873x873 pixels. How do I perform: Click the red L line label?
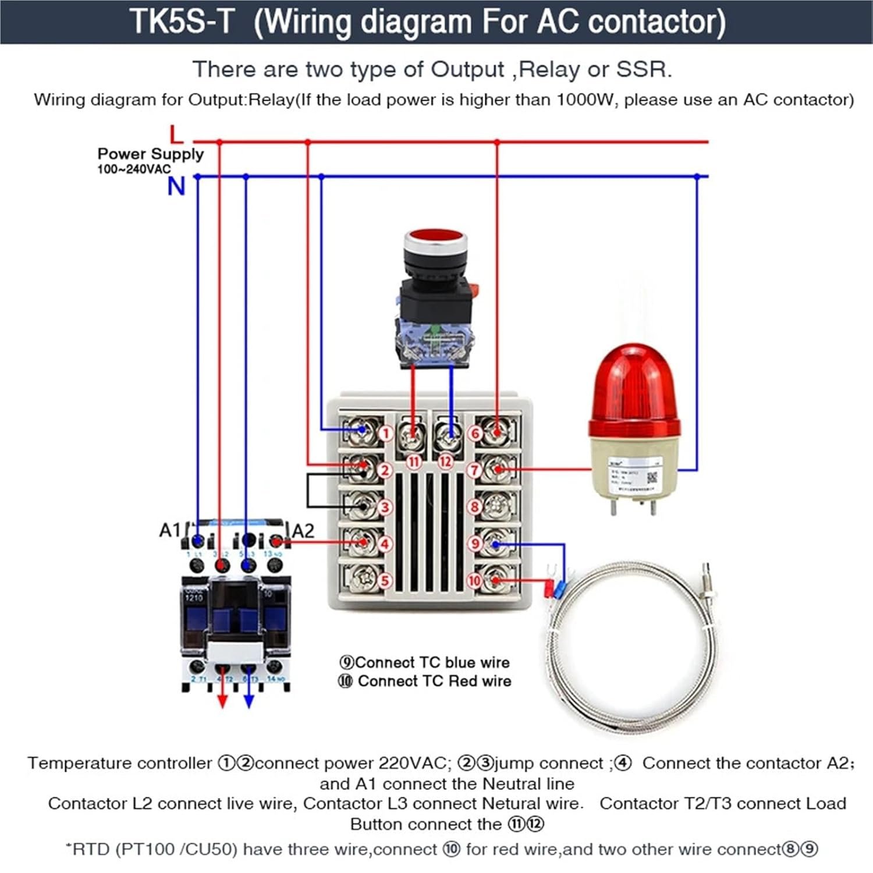[176, 135]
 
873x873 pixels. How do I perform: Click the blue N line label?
[176, 186]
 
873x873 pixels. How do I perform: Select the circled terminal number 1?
[385, 433]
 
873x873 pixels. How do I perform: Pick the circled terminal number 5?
[385, 580]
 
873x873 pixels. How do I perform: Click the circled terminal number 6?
[475, 433]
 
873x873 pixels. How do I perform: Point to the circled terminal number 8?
[475, 507]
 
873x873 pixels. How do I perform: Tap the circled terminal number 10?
[475, 580]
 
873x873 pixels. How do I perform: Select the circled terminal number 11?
[414, 462]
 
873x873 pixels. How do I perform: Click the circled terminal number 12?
[445, 462]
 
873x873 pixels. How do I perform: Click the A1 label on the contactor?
[170, 530]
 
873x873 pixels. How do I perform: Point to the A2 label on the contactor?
[303, 531]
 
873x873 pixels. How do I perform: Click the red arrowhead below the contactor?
[222, 702]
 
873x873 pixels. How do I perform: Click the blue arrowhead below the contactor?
[249, 702]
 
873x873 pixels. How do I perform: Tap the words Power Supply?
[151, 154]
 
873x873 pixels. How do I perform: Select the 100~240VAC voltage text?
[134, 169]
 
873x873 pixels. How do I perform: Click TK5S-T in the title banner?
[181, 22]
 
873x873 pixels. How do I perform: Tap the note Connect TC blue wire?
[425, 662]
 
